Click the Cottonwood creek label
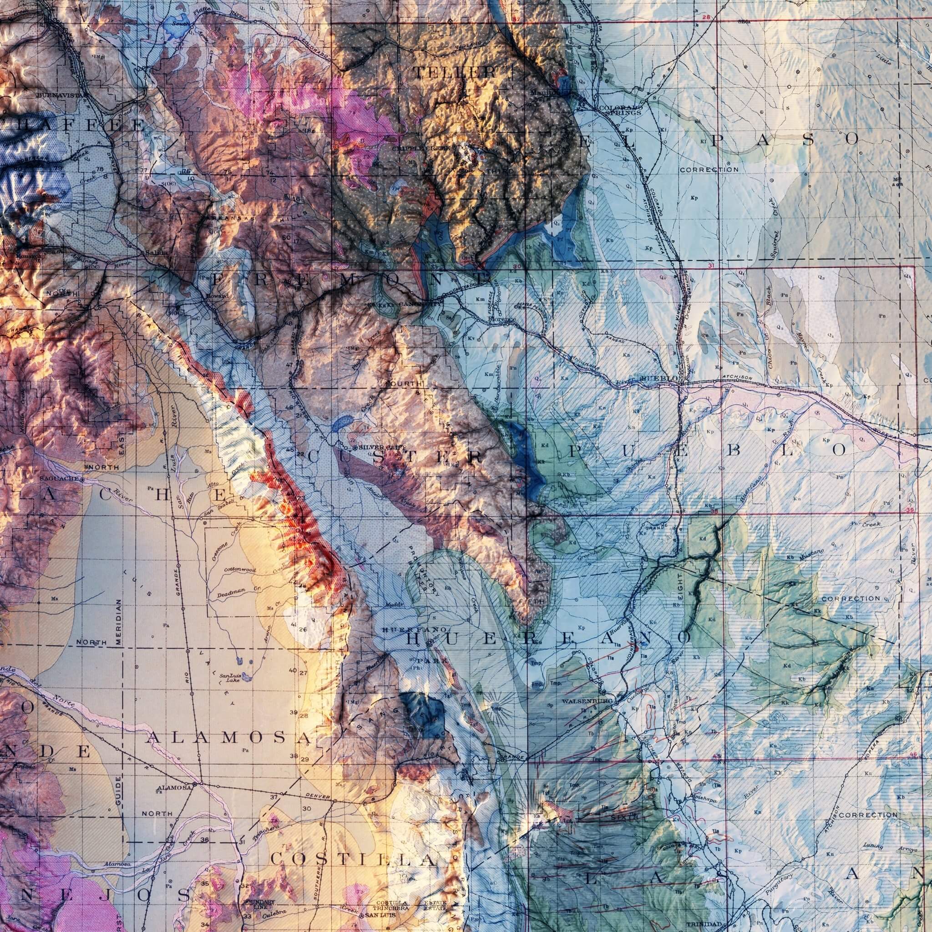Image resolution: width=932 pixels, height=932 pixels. (240, 570)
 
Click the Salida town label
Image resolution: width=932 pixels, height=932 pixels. (155, 253)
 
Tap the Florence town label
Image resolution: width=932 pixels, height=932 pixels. (501, 319)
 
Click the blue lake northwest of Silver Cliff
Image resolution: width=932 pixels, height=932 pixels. (342, 421)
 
